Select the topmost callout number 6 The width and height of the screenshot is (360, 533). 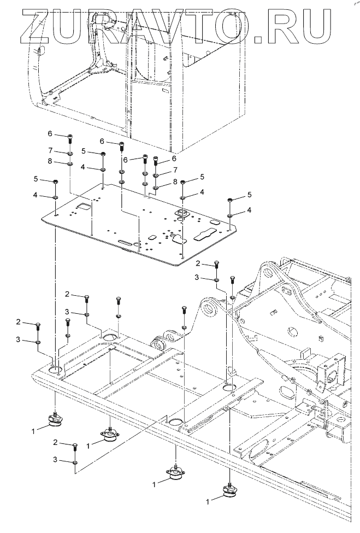[x=50, y=134]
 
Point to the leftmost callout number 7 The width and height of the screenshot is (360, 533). [x=50, y=150]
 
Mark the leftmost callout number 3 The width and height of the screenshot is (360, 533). [x=18, y=340]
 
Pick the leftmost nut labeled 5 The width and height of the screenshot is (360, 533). [x=56, y=181]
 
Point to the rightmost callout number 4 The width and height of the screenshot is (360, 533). [x=249, y=210]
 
